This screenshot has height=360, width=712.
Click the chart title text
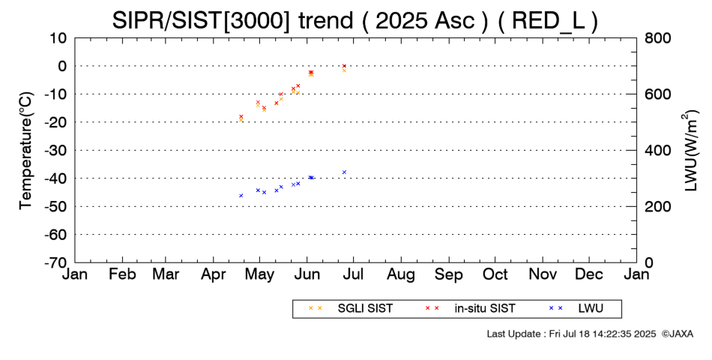(355, 20)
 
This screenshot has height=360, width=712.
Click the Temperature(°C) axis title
(26, 151)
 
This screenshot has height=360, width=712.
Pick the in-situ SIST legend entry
(470, 308)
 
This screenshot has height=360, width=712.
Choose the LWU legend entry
(576, 308)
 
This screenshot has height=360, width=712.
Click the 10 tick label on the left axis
(58, 38)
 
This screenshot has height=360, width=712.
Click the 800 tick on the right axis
(657, 38)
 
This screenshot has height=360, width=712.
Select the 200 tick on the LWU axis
(657, 206)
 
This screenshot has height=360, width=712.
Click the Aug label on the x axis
(401, 275)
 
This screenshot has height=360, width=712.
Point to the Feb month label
(122, 274)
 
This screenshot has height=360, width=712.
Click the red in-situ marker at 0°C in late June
(344, 66)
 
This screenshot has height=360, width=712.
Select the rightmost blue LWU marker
(344, 172)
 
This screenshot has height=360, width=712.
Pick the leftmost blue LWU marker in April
(241, 196)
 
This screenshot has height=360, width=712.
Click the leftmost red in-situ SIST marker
(241, 116)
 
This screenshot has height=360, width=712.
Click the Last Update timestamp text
(571, 334)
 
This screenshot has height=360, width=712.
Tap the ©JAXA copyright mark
(678, 334)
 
